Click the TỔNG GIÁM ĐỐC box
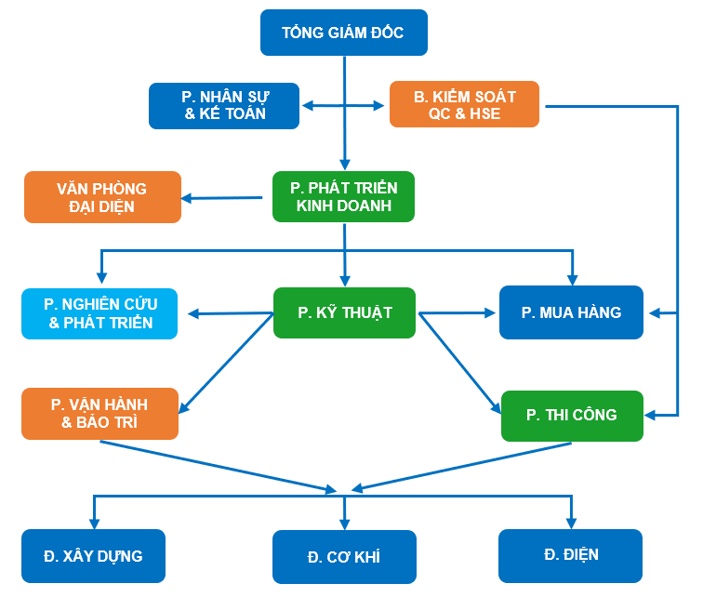pyautogui.click(x=343, y=33)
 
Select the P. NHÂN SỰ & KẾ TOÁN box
pyautogui.click(x=224, y=106)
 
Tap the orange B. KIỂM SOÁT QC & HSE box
pyautogui.click(x=464, y=105)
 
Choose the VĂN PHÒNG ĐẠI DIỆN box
pyautogui.click(x=102, y=197)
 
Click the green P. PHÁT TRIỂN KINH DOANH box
pyautogui.click(x=343, y=196)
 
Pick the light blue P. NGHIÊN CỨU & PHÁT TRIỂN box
pyautogui.click(x=99, y=313)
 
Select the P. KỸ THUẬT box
pyautogui.click(x=345, y=312)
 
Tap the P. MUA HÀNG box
pyautogui.click(x=571, y=312)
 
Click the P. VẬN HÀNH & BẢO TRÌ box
pyautogui.click(x=99, y=414)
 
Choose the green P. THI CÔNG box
pyautogui.click(x=572, y=415)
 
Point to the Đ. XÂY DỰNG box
pyautogui.click(x=93, y=556)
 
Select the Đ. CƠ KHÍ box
pyautogui.click(x=344, y=557)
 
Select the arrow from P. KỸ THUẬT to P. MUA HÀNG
pyautogui.click(x=458, y=312)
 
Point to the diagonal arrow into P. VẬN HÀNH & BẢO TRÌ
pyautogui.click(x=226, y=363)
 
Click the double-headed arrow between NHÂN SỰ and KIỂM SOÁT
pyautogui.click(x=343, y=106)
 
